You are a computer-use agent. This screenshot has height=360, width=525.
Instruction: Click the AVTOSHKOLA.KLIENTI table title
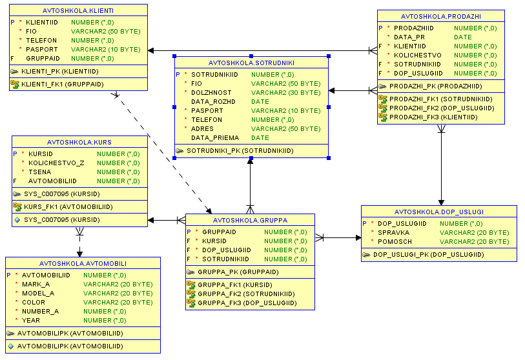click(78, 11)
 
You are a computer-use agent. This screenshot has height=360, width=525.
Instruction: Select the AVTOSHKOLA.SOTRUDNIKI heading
click(251, 63)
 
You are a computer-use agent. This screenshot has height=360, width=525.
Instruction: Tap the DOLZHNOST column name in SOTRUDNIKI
click(211, 93)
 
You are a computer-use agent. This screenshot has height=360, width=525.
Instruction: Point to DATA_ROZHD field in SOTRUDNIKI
click(213, 102)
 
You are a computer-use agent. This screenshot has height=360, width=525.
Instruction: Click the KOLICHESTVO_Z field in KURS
click(56, 163)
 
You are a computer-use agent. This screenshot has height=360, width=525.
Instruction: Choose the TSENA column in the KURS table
click(40, 172)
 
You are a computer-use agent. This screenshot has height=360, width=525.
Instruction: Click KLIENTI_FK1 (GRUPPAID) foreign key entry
click(63, 85)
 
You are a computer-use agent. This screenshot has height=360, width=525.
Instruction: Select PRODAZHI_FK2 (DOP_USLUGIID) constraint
click(442, 108)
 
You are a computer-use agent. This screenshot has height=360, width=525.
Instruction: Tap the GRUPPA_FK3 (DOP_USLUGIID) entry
click(247, 303)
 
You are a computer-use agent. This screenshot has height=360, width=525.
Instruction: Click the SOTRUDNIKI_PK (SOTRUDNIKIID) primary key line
click(240, 151)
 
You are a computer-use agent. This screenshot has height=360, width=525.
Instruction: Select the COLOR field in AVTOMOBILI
click(34, 303)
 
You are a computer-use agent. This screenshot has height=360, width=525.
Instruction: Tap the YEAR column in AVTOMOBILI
click(31, 321)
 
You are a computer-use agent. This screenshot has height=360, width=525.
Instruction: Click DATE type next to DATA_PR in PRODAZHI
click(463, 37)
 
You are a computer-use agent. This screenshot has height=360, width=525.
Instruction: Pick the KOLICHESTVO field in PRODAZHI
click(418, 55)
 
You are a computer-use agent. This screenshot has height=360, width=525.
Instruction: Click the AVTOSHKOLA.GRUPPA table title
click(250, 221)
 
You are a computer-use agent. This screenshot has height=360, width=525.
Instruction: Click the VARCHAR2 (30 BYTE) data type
click(286, 93)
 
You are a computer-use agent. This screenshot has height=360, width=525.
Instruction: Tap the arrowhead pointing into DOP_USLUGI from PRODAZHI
click(441, 203)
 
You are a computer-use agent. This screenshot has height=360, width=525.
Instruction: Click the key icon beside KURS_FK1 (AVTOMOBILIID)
click(17, 206)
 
